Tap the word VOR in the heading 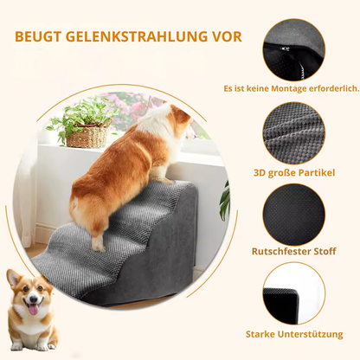224,37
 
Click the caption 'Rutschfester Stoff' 293,252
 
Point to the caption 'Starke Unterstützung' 294,333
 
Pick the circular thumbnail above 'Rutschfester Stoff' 293,213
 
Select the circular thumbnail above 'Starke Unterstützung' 293,293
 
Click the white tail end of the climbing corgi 80,209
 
